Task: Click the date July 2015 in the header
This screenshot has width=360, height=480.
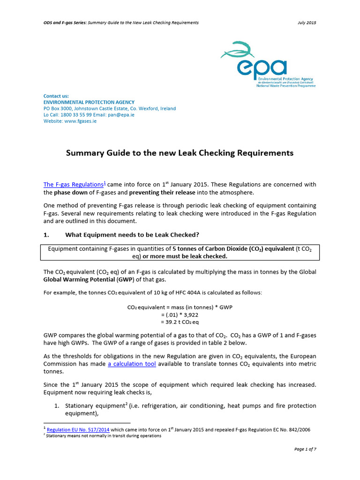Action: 307,22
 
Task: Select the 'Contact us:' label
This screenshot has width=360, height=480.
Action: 56,96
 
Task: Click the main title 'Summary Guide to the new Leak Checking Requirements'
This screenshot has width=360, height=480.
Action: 180,153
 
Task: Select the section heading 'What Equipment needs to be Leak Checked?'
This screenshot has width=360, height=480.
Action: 134,234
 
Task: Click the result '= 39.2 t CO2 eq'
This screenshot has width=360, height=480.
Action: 180,322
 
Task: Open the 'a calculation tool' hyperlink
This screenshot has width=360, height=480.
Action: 132,364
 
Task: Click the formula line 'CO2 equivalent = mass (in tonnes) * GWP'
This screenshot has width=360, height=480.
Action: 180,307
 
